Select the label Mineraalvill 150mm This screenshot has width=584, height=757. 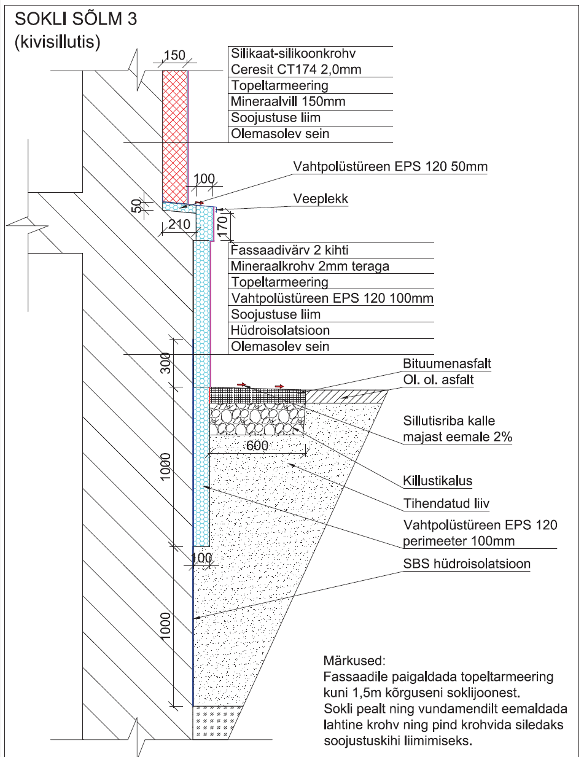tap(280, 101)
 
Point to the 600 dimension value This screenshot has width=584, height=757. tap(257, 446)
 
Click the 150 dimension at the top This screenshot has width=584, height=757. tap(174, 56)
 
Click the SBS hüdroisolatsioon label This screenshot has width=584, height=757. tap(467, 564)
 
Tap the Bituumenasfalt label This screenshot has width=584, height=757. tap(447, 364)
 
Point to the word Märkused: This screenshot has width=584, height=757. tap(353, 662)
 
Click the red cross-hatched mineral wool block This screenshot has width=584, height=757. tap(175, 132)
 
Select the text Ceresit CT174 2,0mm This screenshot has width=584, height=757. tap(295, 69)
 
